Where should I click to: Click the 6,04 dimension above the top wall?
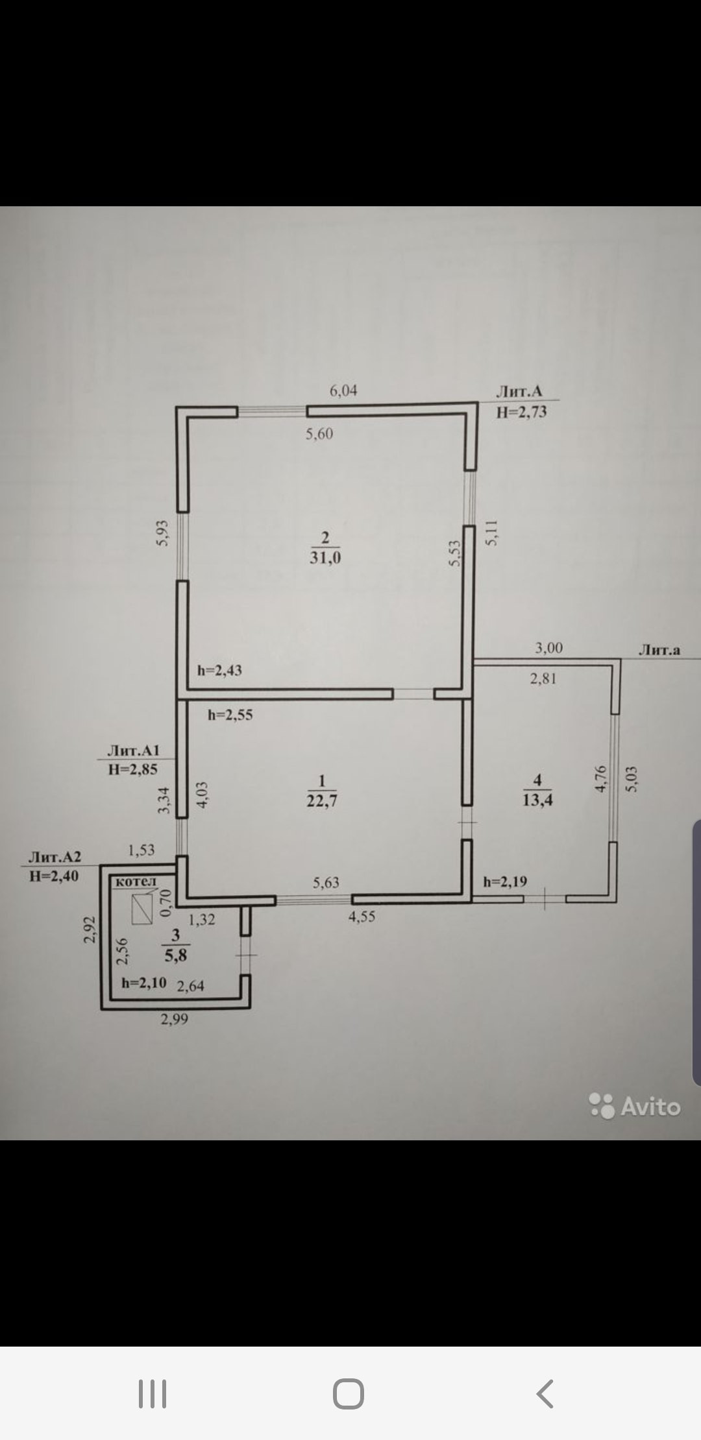coord(343,390)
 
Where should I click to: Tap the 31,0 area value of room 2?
coord(325,557)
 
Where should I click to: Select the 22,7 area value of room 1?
coord(321,800)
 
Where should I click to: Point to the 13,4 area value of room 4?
coord(537,800)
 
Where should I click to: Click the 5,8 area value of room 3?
coord(175,955)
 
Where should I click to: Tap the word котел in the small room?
coord(136,882)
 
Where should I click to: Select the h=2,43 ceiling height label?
coord(219,670)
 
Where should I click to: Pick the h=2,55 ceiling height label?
coord(230,715)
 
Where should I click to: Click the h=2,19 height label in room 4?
coord(505,882)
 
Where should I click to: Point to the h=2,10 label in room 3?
coord(144,983)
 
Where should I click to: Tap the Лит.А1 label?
coord(133,750)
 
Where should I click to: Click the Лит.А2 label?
coord(55,858)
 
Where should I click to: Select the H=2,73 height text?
coord(521,412)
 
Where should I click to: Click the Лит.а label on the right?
coord(659,649)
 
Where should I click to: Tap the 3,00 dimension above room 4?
coord(548,647)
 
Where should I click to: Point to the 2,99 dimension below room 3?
coord(175,1019)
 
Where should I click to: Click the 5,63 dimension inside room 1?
coord(326,882)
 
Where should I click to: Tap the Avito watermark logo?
coord(635,1107)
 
